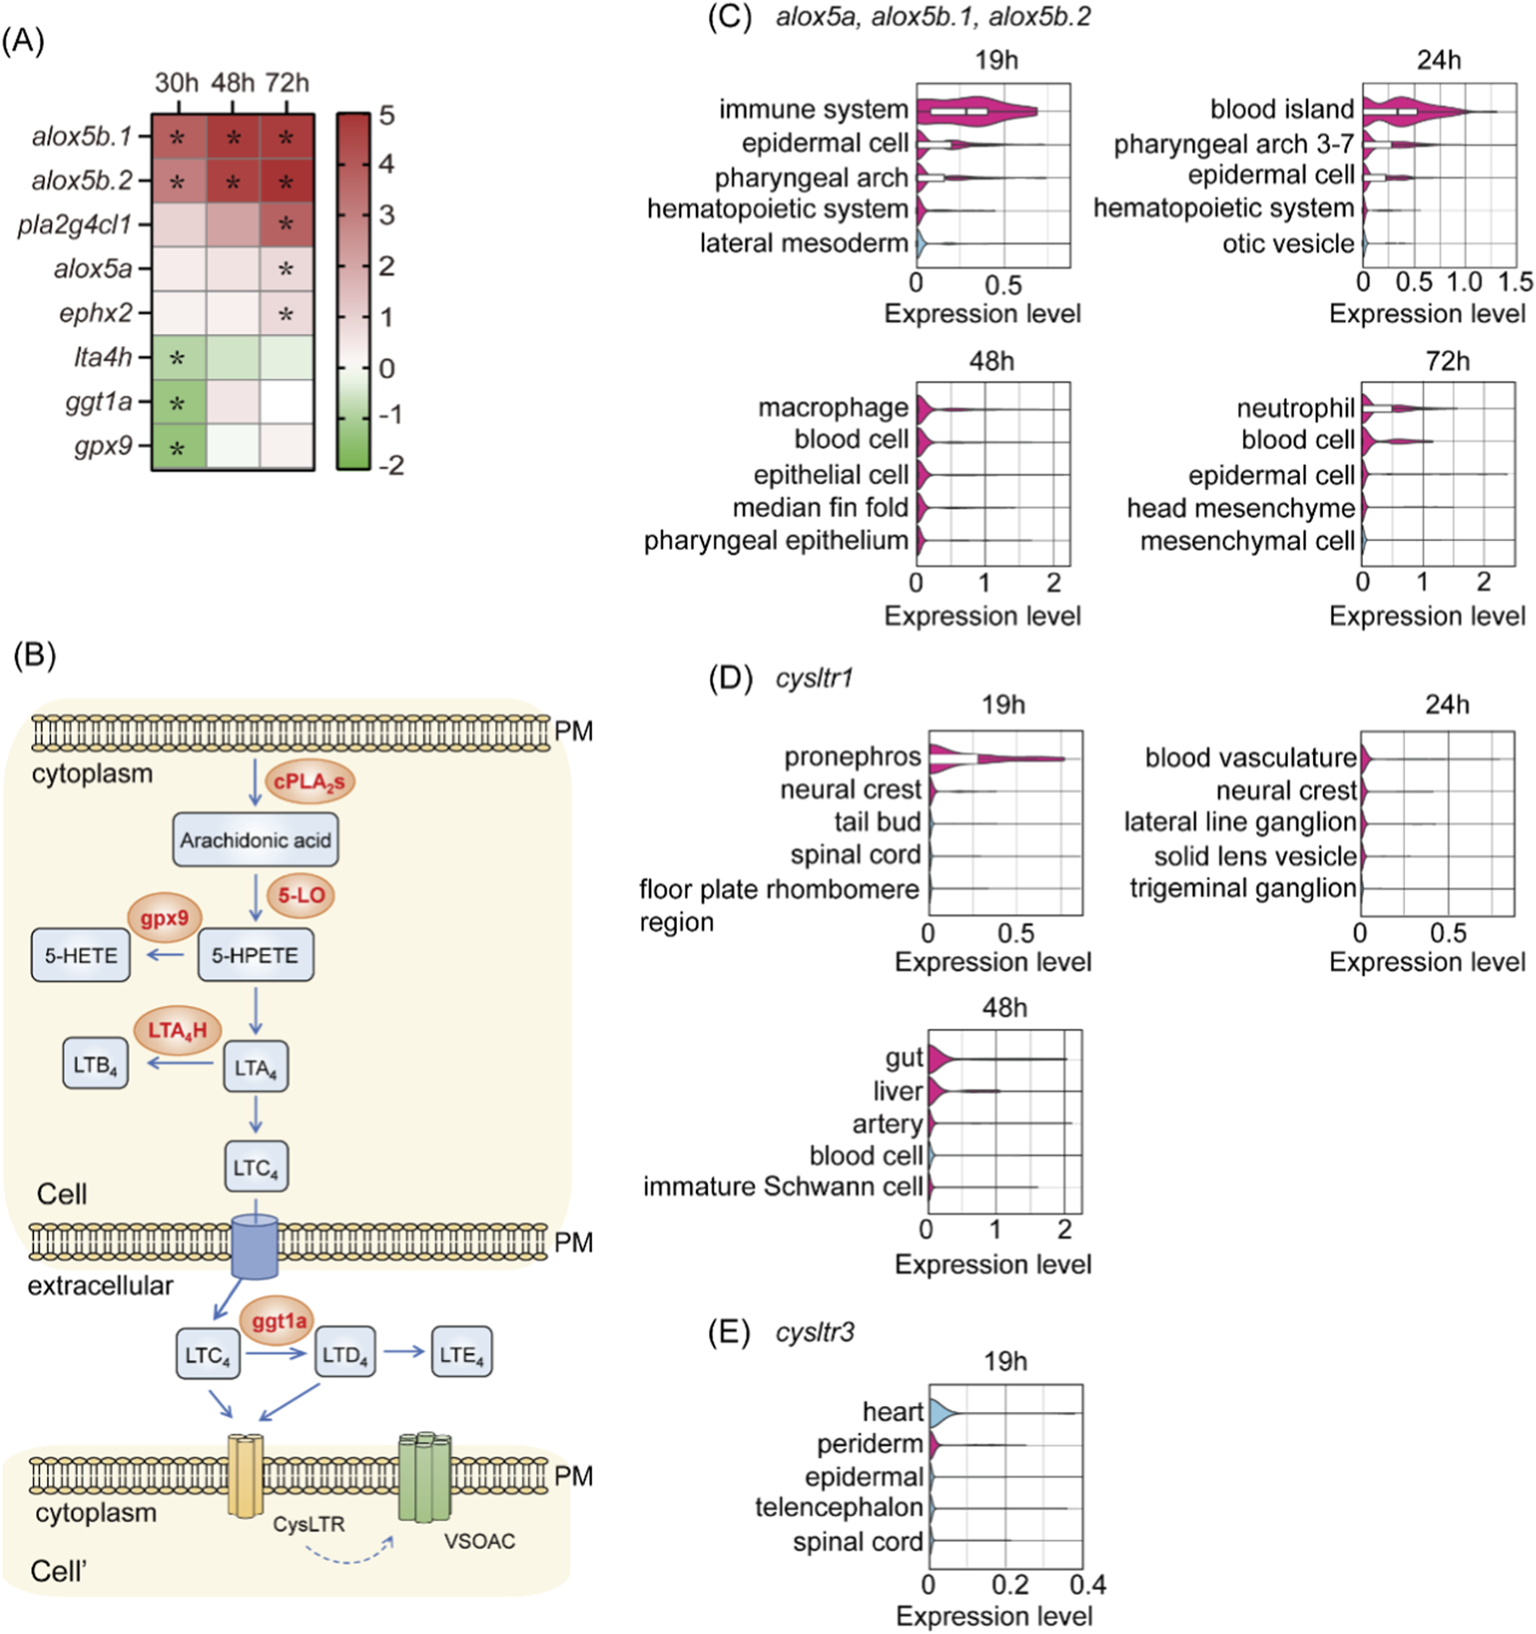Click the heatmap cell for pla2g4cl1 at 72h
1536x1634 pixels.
tap(286, 225)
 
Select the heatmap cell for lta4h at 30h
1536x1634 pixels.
tap(179, 357)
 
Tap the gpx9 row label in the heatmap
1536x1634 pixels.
tap(103, 446)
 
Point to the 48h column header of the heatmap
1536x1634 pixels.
tap(232, 83)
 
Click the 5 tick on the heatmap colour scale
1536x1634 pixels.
tap(387, 115)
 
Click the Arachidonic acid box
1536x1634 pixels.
tap(255, 840)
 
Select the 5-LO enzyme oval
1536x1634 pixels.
tap(301, 895)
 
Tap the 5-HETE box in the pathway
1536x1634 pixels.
tap(81, 955)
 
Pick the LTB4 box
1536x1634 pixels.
tap(95, 1065)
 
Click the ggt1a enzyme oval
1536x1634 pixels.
tap(278, 1321)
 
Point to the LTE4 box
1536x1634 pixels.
tap(461, 1354)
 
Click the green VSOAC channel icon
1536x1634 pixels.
tap(425, 1476)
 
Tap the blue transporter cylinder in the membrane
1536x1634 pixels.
tap(255, 1246)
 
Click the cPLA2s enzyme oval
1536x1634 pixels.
tap(309, 781)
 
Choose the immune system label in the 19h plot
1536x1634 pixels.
tap(813, 110)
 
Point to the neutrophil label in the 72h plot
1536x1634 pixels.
tap(1295, 408)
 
